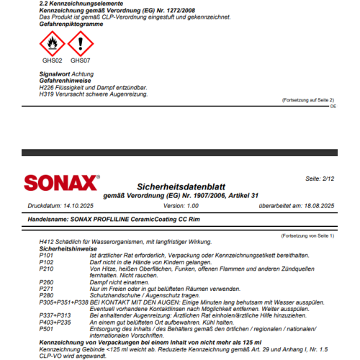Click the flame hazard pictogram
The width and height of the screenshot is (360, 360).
(50, 45)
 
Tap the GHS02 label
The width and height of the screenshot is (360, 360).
(51, 60)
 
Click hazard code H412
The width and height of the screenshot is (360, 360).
(47, 241)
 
